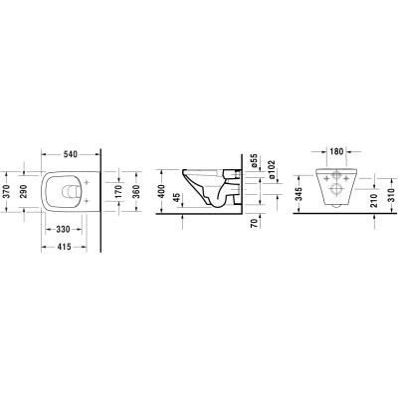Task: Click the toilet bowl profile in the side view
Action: tap(209, 189)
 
